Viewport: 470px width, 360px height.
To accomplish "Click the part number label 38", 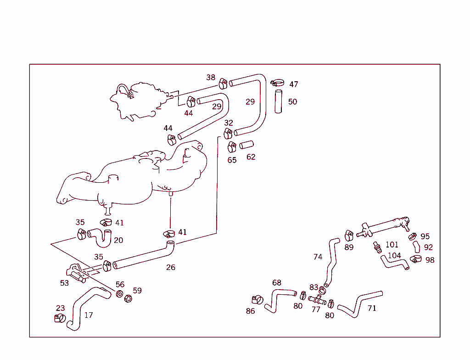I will point(211,78).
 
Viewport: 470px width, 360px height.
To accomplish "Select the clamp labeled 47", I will point(278,83).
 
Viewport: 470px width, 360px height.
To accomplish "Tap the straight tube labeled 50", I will point(279,101).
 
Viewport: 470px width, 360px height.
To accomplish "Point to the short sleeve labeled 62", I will point(246,146).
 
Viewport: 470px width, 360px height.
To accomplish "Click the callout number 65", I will point(232,160).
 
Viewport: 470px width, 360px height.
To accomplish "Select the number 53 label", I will point(64,283).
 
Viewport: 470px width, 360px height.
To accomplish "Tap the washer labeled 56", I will point(119,294).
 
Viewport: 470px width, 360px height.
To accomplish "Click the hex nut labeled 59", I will point(129,299).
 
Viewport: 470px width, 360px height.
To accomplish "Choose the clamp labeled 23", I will point(60,318).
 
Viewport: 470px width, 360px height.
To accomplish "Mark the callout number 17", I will point(89,315).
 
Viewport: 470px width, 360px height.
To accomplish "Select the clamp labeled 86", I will point(257,300).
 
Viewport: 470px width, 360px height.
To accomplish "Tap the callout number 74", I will point(318,257).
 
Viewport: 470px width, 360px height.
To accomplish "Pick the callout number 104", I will point(394,256).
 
